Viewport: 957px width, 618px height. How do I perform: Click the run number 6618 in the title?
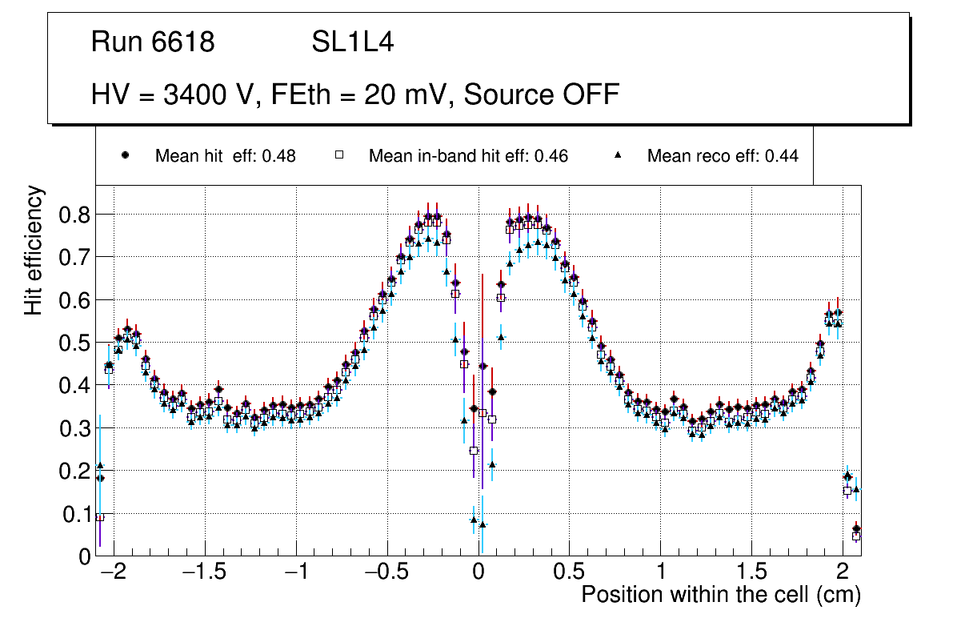click(x=184, y=42)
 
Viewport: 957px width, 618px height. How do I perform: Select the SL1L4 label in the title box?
click(x=352, y=42)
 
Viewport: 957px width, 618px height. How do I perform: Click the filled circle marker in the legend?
click(x=125, y=156)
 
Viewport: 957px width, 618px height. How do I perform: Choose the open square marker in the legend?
click(x=338, y=156)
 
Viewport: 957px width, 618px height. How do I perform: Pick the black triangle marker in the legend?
click(x=618, y=156)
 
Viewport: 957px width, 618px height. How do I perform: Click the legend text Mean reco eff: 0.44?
click(x=723, y=156)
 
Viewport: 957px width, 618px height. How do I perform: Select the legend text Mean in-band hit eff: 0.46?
click(x=468, y=156)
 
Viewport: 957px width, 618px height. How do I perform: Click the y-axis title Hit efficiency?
click(x=34, y=250)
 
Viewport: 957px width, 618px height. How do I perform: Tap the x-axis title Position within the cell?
click(x=720, y=595)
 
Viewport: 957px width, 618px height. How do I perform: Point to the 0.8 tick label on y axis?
click(x=77, y=215)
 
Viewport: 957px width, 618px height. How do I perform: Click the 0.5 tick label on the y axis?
click(x=77, y=343)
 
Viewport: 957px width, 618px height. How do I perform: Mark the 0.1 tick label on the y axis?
click(x=77, y=514)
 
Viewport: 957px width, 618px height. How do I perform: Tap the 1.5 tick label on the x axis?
click(x=751, y=573)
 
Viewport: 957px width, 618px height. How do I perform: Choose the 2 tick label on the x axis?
click(x=843, y=573)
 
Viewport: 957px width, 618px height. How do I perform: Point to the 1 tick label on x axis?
click(x=661, y=573)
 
